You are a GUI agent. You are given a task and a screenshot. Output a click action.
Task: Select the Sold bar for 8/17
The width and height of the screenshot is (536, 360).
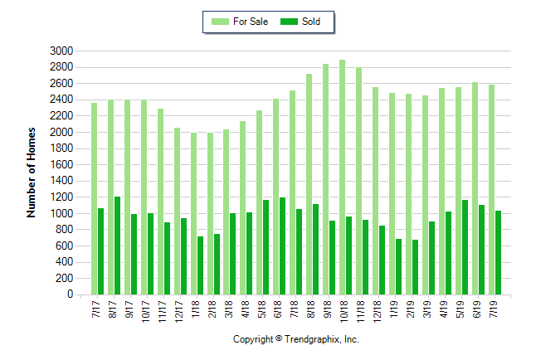click(118, 246)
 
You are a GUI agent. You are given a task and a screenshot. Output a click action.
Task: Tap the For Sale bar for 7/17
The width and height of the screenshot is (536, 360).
click(95, 199)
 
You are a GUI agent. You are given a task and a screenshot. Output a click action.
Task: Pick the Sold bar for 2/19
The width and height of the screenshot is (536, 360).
click(415, 267)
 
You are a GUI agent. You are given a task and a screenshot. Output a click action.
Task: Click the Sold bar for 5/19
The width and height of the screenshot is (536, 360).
click(465, 247)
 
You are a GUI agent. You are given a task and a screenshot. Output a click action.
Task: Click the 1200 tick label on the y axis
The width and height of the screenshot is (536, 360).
click(62, 197)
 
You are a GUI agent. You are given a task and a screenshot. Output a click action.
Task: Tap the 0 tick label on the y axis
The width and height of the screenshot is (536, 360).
click(71, 294)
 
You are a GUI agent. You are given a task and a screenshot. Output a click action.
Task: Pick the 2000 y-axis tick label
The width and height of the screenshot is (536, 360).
click(62, 132)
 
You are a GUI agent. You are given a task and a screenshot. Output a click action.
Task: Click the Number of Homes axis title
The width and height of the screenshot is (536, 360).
click(32, 173)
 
